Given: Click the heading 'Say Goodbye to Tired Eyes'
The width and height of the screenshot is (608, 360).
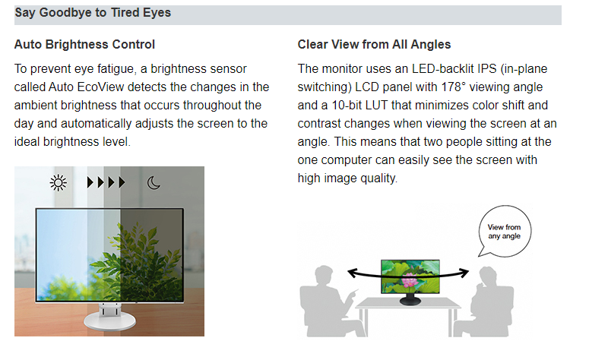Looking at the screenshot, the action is tap(93, 13).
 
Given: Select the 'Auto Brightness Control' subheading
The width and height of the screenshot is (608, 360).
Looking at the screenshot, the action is tap(84, 45).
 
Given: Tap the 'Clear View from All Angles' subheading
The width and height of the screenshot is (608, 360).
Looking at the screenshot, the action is tap(374, 45).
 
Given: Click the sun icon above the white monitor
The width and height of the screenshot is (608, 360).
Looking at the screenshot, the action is tap(59, 182).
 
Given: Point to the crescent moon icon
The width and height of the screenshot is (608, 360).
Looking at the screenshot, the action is tap(154, 182).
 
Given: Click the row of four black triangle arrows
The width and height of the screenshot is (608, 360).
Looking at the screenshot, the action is tap(106, 182).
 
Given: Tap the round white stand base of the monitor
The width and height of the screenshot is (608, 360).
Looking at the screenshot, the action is tap(109, 321).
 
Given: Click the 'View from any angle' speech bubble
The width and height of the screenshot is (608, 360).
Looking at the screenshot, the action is tap(504, 232).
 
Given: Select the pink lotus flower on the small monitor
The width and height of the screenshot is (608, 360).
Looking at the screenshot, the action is tap(408, 279).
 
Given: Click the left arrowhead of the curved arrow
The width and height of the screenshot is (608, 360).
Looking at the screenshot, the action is tap(352, 273).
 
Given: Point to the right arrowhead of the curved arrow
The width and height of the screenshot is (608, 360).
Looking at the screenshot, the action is tap(464, 273).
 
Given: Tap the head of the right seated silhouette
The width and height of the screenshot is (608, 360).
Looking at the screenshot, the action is tap(487, 276).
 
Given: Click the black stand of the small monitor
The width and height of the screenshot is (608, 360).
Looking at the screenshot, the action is tap(410, 299).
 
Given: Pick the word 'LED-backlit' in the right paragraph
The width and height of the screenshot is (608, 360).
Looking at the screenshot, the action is tap(442, 68).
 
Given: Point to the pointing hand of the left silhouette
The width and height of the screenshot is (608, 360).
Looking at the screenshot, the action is tap(353, 295).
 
